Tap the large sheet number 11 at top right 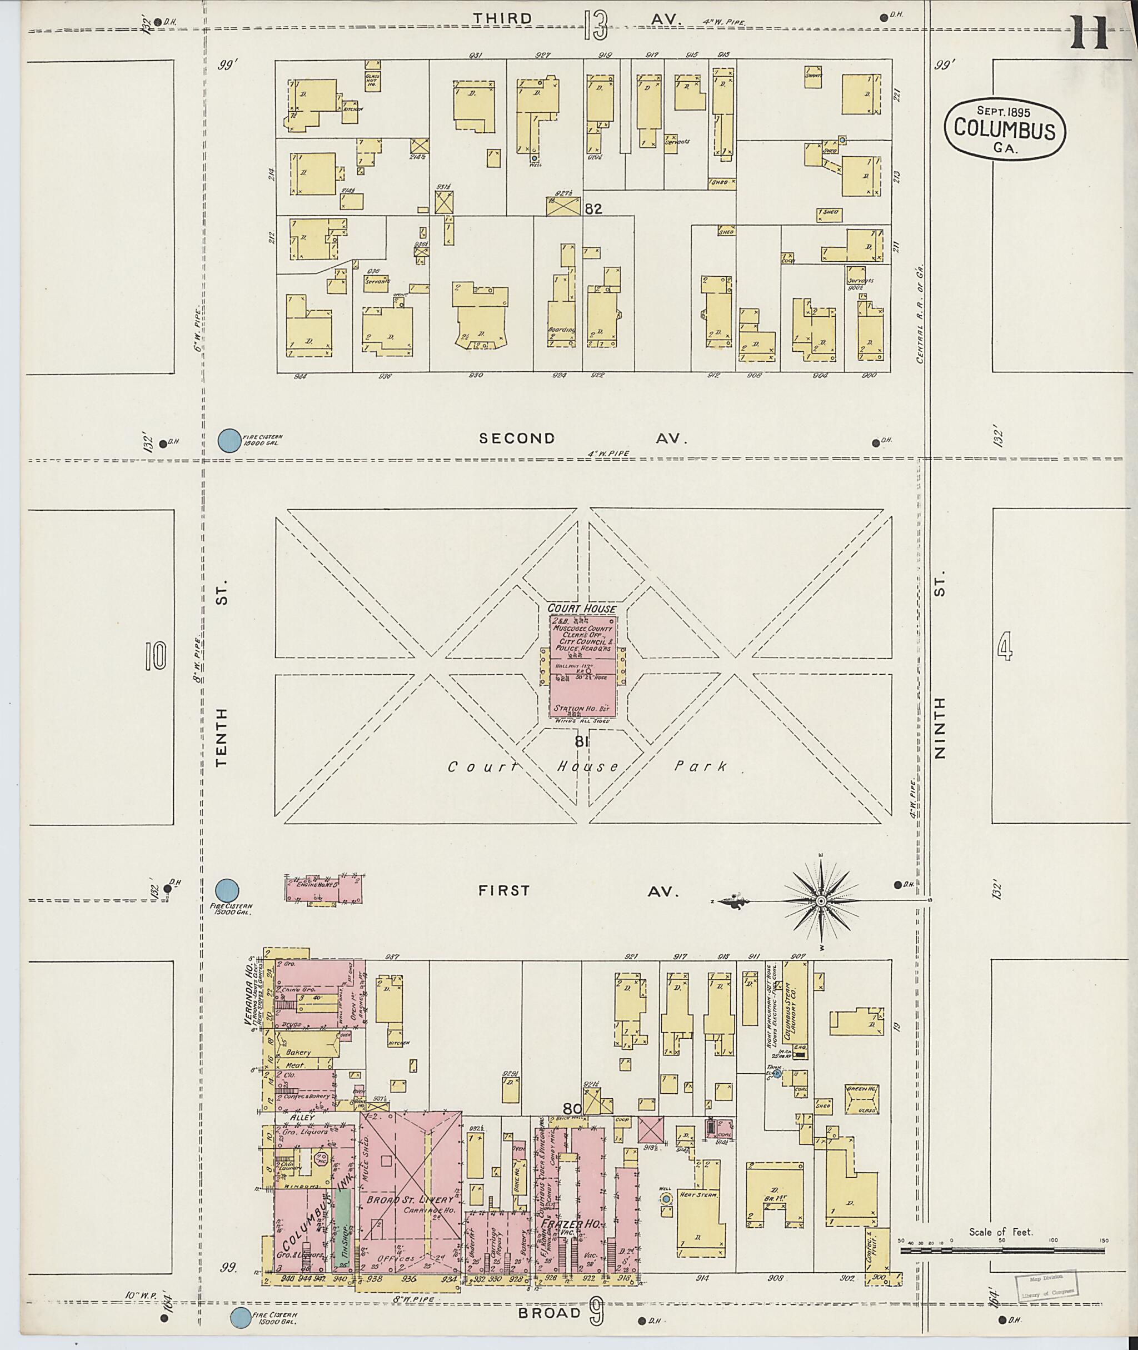pos(1089,33)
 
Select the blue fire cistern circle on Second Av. pos(227,441)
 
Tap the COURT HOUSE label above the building pos(582,609)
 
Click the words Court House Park pos(587,766)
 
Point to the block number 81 pos(581,743)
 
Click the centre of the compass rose pos(821,900)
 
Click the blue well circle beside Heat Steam pos(666,1199)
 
